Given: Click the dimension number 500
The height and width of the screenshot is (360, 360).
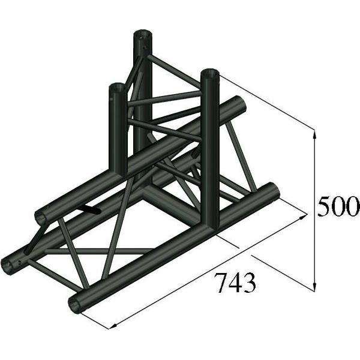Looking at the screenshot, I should tap(338, 206).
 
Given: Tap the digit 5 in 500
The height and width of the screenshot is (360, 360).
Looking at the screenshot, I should tap(325, 206).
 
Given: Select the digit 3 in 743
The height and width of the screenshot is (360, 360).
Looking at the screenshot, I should tap(250, 281).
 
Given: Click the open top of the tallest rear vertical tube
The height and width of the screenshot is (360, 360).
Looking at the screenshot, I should tap(143, 34).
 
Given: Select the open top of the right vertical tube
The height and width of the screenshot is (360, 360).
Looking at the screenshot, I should tap(210, 74).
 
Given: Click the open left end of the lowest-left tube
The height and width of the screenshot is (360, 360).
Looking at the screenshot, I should tap(10, 265).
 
